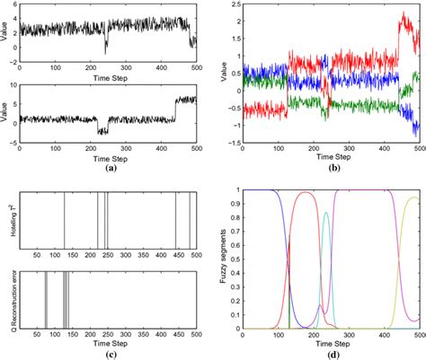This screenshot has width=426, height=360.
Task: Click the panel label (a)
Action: (111, 168)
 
